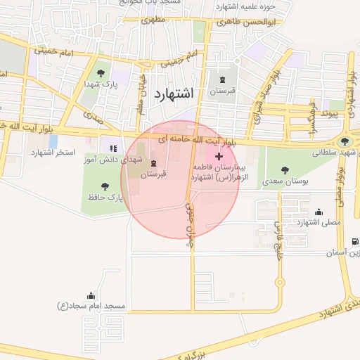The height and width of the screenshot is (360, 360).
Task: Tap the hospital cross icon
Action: click(219, 155)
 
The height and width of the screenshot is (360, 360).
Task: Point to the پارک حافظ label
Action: click(105, 198)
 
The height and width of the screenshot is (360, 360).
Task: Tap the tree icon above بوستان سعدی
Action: click(284, 169)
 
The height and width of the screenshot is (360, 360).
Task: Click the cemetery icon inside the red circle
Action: click(153, 163)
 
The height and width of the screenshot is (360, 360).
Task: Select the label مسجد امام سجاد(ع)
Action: click(91, 306)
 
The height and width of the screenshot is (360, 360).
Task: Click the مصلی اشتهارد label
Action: click(319, 222)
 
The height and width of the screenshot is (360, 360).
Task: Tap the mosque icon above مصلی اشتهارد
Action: click(319, 211)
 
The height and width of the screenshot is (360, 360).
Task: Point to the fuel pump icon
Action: click(354, 240)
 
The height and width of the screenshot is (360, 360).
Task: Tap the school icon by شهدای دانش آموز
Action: click(112, 148)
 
